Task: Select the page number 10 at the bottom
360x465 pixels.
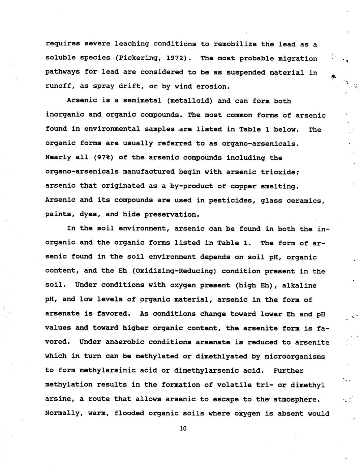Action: pyautogui.click(x=183, y=429)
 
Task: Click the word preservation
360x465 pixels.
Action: pyautogui.click(x=172, y=215)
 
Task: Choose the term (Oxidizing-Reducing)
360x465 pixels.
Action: pyautogui.click(x=173, y=271)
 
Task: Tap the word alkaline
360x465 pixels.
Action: pyautogui.click(x=299, y=285)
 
